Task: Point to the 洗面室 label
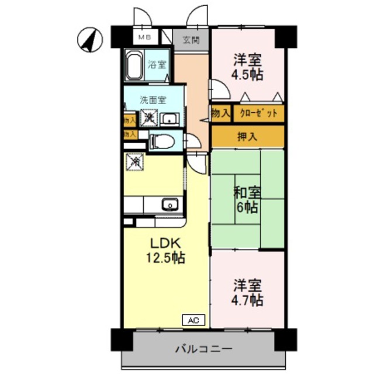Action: coord(153,99)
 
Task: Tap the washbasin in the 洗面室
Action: coord(171,120)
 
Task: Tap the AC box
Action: coord(195,320)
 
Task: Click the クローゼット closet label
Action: coord(259,113)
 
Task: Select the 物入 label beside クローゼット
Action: coord(221,113)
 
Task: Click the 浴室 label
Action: coord(156,65)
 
